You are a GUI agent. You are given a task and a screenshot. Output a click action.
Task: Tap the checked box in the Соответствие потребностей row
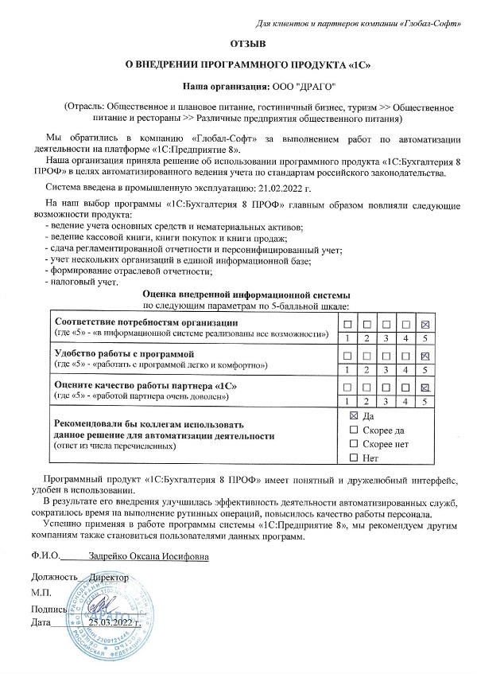tap(425, 324)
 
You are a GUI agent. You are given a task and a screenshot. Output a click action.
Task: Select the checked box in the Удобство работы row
tap(425, 355)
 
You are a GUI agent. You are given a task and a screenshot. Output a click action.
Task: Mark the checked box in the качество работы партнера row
tap(425, 387)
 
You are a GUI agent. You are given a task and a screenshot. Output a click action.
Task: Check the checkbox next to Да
tap(354, 416)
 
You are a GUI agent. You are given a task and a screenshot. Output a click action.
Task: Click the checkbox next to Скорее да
tap(354, 430)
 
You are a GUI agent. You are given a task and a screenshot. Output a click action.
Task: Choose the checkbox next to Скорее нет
tap(354, 443)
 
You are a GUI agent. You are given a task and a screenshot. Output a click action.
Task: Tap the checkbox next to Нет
tap(354, 458)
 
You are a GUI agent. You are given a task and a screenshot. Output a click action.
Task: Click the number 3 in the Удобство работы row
tap(386, 370)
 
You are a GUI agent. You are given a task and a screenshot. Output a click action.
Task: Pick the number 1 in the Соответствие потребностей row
tap(347, 338)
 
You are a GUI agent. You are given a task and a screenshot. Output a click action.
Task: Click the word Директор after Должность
tap(109, 576)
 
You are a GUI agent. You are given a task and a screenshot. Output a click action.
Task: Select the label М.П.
tap(41, 592)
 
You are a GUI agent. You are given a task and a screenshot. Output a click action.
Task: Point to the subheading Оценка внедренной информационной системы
tap(239, 294)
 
